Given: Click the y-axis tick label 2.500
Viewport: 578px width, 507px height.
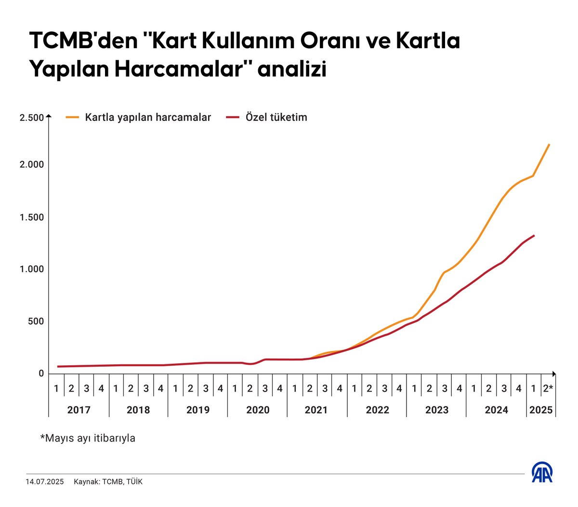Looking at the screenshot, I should (x=31, y=118).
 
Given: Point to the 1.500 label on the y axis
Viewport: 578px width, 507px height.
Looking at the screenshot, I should (x=31, y=217).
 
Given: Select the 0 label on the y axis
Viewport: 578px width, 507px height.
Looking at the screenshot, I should (x=41, y=374).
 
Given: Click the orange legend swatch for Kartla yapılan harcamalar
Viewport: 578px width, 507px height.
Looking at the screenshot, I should (x=72, y=117).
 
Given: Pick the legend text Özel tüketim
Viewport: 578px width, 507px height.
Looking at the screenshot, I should (x=276, y=117).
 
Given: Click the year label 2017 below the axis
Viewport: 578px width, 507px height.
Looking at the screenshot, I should (x=79, y=410).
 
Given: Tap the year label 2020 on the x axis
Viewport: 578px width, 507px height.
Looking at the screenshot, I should (x=258, y=410).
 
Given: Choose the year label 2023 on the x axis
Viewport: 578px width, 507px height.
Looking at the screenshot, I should (x=436, y=410).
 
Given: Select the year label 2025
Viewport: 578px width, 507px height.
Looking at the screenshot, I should (x=541, y=410).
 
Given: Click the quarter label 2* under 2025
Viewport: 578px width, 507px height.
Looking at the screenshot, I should (x=548, y=388).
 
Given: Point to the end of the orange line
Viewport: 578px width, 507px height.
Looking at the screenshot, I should (x=549, y=144).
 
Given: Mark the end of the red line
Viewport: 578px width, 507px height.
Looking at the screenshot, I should (x=534, y=235).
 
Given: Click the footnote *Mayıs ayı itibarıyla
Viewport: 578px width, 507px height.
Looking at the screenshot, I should (x=88, y=438).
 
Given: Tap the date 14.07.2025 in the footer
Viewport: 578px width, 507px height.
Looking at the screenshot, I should (x=45, y=481).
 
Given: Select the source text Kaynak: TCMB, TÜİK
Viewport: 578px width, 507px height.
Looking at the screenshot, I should (x=108, y=481).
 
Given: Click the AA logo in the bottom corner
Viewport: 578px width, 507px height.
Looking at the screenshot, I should (x=542, y=472).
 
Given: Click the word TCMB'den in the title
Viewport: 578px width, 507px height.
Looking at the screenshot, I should (x=83, y=41).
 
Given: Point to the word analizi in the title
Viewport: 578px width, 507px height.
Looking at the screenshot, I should (x=292, y=69).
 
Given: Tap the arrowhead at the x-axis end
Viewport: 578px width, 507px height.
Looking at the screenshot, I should (x=554, y=374).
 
